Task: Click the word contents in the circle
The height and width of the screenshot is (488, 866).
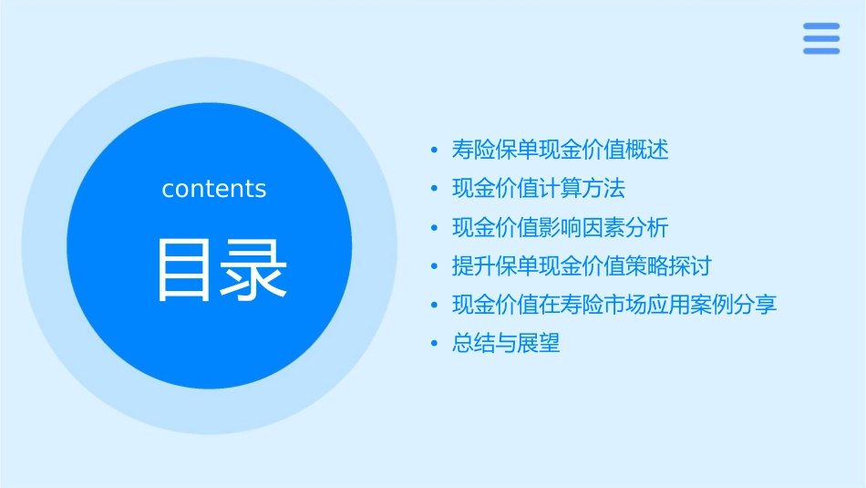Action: point(214,189)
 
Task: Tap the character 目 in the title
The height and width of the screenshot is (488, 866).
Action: point(184,270)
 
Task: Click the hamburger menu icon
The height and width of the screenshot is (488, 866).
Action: point(821,38)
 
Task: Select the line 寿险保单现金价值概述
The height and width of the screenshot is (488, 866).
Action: point(560,150)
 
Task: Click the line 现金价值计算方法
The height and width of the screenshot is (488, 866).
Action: point(538,189)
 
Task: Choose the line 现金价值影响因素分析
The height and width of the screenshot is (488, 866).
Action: point(560,227)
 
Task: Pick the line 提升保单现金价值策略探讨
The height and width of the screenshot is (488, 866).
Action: point(581,266)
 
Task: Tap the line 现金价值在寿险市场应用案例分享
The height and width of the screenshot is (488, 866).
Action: point(613,305)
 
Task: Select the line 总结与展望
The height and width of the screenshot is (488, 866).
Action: point(505,344)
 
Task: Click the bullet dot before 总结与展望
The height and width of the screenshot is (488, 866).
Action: point(435,345)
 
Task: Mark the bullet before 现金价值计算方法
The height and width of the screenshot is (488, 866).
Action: point(435,190)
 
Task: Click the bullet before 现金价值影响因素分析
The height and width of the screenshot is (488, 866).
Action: point(435,228)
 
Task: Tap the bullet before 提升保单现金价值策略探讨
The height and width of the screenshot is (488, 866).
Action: point(435,267)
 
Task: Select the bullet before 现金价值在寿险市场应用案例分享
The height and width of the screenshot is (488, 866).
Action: point(435,306)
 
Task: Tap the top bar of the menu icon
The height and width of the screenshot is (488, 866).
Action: point(821,26)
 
